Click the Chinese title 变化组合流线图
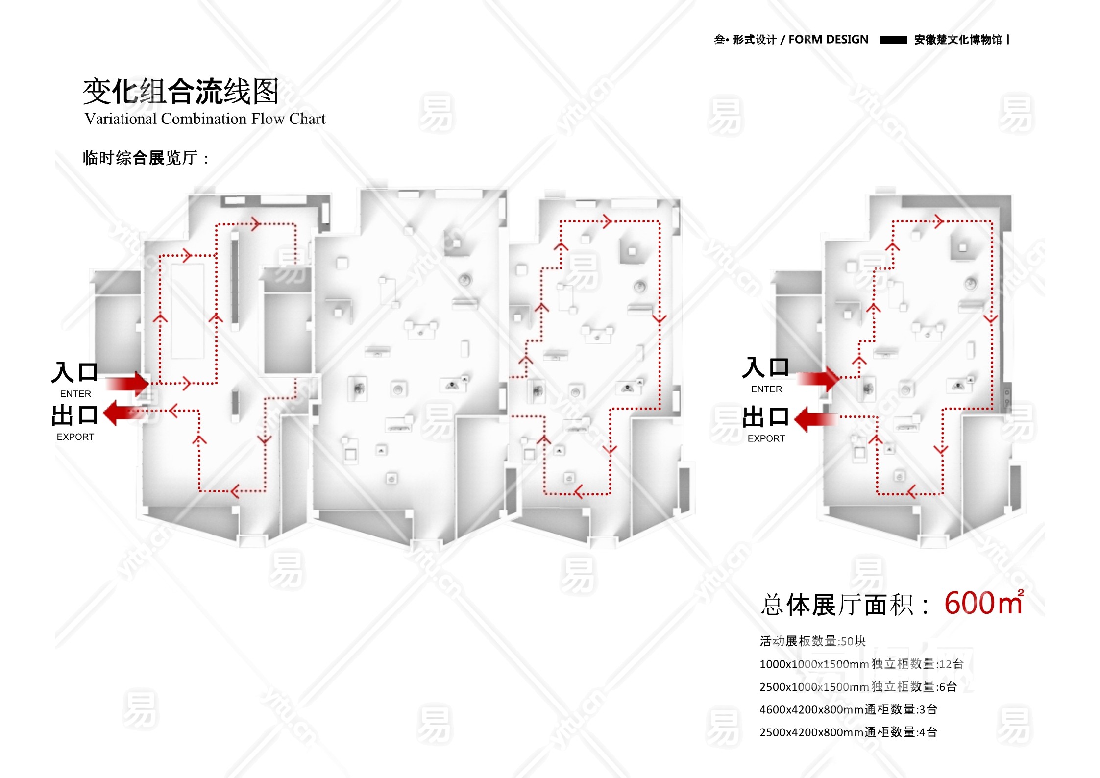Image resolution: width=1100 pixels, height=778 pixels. (181, 92)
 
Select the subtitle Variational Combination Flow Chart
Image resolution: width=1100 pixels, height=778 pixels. (205, 119)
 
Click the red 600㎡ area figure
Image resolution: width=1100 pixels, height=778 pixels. (983, 603)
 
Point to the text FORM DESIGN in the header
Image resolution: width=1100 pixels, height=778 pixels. (828, 40)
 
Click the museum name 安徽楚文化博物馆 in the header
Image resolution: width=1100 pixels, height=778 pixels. (958, 40)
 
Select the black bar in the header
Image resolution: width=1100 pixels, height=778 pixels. (893, 40)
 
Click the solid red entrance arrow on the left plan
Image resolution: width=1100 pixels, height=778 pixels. (127, 383)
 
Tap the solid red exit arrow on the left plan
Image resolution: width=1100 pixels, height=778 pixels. (125, 413)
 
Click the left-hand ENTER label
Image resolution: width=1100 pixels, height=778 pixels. (75, 394)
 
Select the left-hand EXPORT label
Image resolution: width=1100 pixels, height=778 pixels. (75, 437)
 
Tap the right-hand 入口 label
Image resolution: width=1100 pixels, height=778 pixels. (765, 368)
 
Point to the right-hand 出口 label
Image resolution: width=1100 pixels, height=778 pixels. (765, 417)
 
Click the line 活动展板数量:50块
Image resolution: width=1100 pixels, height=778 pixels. (812, 641)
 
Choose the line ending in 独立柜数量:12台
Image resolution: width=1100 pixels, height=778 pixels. (861, 664)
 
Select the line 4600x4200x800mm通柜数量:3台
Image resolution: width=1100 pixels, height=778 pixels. (848, 709)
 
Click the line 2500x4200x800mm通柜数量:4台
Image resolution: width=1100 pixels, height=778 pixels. (848, 732)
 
